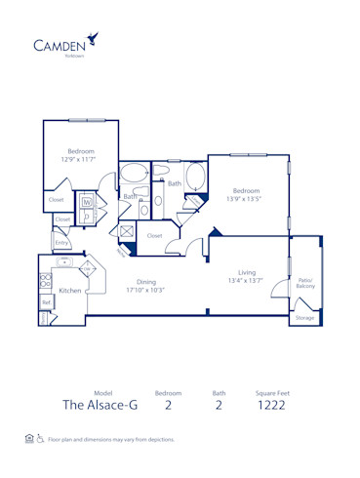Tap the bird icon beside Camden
coord(93,38)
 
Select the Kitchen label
coord(70,291)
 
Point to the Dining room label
coord(145,282)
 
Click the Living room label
coord(247,272)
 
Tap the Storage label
coord(305,318)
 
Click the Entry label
coord(61,242)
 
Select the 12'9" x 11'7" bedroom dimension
coord(81,160)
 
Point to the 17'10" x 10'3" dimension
coord(145,290)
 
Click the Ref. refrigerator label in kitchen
coord(46,303)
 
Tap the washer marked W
coord(87,202)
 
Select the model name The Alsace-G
coord(99,406)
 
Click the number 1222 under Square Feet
coord(272,406)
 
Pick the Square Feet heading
coord(272,392)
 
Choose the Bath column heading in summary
coord(219,392)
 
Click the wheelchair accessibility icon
coord(40,440)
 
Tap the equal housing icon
coord(29,440)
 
